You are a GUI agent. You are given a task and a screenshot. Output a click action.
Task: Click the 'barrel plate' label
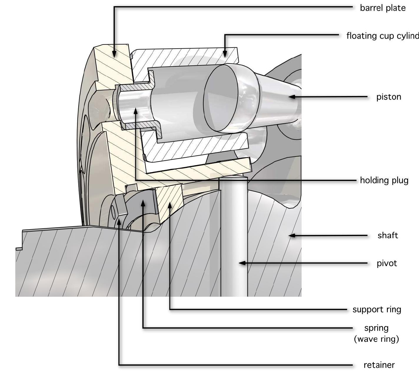(383, 8)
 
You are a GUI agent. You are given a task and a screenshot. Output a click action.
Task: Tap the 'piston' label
(388, 97)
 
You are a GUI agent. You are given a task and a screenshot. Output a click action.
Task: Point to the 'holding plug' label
(384, 180)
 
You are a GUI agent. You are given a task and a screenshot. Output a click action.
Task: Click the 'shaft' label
(388, 235)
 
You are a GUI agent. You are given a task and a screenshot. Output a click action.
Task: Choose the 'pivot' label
(387, 263)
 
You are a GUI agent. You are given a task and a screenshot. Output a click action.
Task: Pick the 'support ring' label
(377, 309)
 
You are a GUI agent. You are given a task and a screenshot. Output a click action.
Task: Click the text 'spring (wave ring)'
(376, 333)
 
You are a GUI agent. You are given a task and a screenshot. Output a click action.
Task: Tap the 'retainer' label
(379, 365)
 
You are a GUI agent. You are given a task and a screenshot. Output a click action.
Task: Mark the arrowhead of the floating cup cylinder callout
(225, 54)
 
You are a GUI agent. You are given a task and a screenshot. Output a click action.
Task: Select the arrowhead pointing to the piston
(291, 97)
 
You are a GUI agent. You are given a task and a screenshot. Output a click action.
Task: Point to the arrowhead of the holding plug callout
(135, 111)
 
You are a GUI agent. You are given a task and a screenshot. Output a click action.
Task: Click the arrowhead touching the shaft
(291, 235)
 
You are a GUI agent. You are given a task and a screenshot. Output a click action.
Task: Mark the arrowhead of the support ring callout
(170, 205)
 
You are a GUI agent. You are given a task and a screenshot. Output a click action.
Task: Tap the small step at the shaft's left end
(19, 249)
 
